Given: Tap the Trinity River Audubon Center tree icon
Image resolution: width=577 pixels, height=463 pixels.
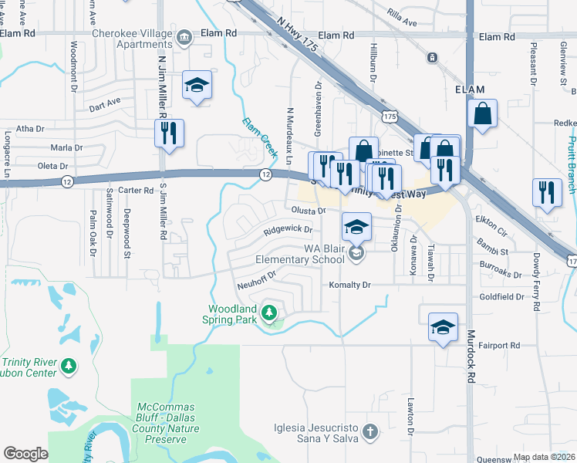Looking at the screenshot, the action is [69, 364].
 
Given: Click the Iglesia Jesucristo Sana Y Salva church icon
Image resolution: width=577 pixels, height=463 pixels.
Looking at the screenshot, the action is [370, 431].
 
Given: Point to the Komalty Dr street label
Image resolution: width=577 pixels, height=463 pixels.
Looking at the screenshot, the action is [350, 285].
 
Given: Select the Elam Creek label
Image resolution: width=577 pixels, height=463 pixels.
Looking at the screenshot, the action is [259, 137].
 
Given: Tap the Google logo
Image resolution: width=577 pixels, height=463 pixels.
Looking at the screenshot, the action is [25, 454].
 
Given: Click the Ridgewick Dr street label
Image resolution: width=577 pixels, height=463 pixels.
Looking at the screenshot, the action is [287, 229].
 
